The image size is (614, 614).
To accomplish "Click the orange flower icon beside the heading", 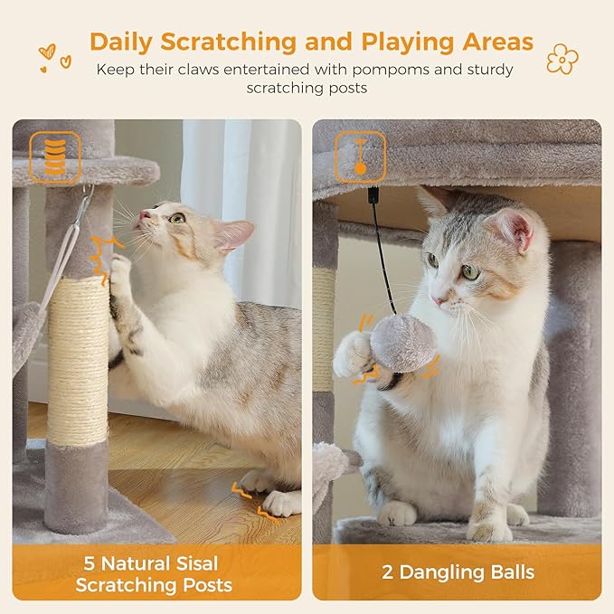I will [562, 59].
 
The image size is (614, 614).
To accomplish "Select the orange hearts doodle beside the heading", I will [53, 59].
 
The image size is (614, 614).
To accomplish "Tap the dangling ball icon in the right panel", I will [360, 155].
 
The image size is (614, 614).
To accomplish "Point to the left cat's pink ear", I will [234, 234].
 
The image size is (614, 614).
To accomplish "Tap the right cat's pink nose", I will [438, 298].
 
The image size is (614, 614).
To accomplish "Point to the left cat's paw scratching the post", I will [120, 271].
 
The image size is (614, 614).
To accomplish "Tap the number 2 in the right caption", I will [390, 572].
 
